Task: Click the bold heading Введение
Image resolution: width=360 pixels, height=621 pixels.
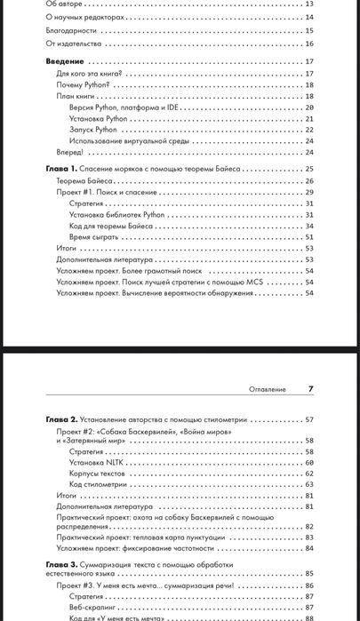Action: tap(64, 61)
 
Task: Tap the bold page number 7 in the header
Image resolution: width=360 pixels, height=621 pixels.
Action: tap(310, 388)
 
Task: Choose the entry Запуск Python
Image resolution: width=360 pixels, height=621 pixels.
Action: tap(92, 130)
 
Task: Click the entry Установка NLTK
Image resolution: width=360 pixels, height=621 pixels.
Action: tap(95, 462)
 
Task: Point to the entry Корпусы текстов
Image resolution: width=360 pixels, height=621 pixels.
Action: tap(97, 474)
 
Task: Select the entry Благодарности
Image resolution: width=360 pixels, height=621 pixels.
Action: tap(71, 29)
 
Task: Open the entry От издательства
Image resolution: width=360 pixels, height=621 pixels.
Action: tap(73, 43)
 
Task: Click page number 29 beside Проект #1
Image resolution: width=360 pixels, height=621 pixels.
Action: tap(309, 192)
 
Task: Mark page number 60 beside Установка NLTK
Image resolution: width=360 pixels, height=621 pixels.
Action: tap(309, 462)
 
